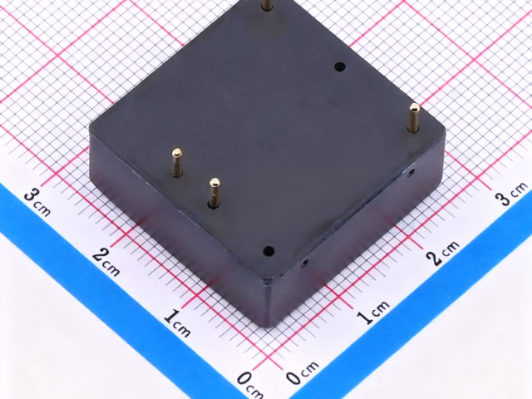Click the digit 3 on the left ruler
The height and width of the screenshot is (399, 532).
(32, 198)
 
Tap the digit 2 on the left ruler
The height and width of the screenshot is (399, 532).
(101, 254)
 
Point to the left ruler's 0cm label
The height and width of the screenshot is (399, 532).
(250, 385)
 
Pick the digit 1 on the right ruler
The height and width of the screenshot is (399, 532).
(366, 318)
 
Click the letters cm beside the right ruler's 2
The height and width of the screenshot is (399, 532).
(451, 247)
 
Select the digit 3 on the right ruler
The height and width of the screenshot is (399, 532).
(505, 198)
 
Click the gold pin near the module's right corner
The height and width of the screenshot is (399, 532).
(413, 118)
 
